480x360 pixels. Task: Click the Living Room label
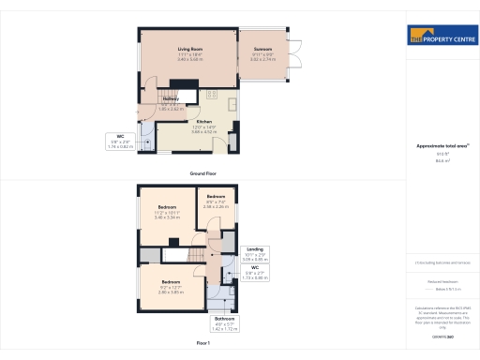pos(190,49)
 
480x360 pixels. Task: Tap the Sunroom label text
pos(262,49)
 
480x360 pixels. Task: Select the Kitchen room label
pos(204,122)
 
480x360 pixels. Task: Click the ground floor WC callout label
pos(121,139)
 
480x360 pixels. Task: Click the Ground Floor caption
pos(203,174)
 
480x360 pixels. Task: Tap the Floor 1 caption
pos(203,344)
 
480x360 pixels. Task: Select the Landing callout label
pos(255,248)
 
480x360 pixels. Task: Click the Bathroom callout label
pos(225,320)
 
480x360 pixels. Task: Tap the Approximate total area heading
pos(442,145)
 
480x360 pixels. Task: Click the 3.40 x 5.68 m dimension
pos(190,59)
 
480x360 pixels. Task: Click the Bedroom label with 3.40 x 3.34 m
pos(168,206)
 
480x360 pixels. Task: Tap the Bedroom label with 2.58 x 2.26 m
pos(217,196)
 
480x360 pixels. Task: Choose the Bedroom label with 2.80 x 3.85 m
pos(170,281)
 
